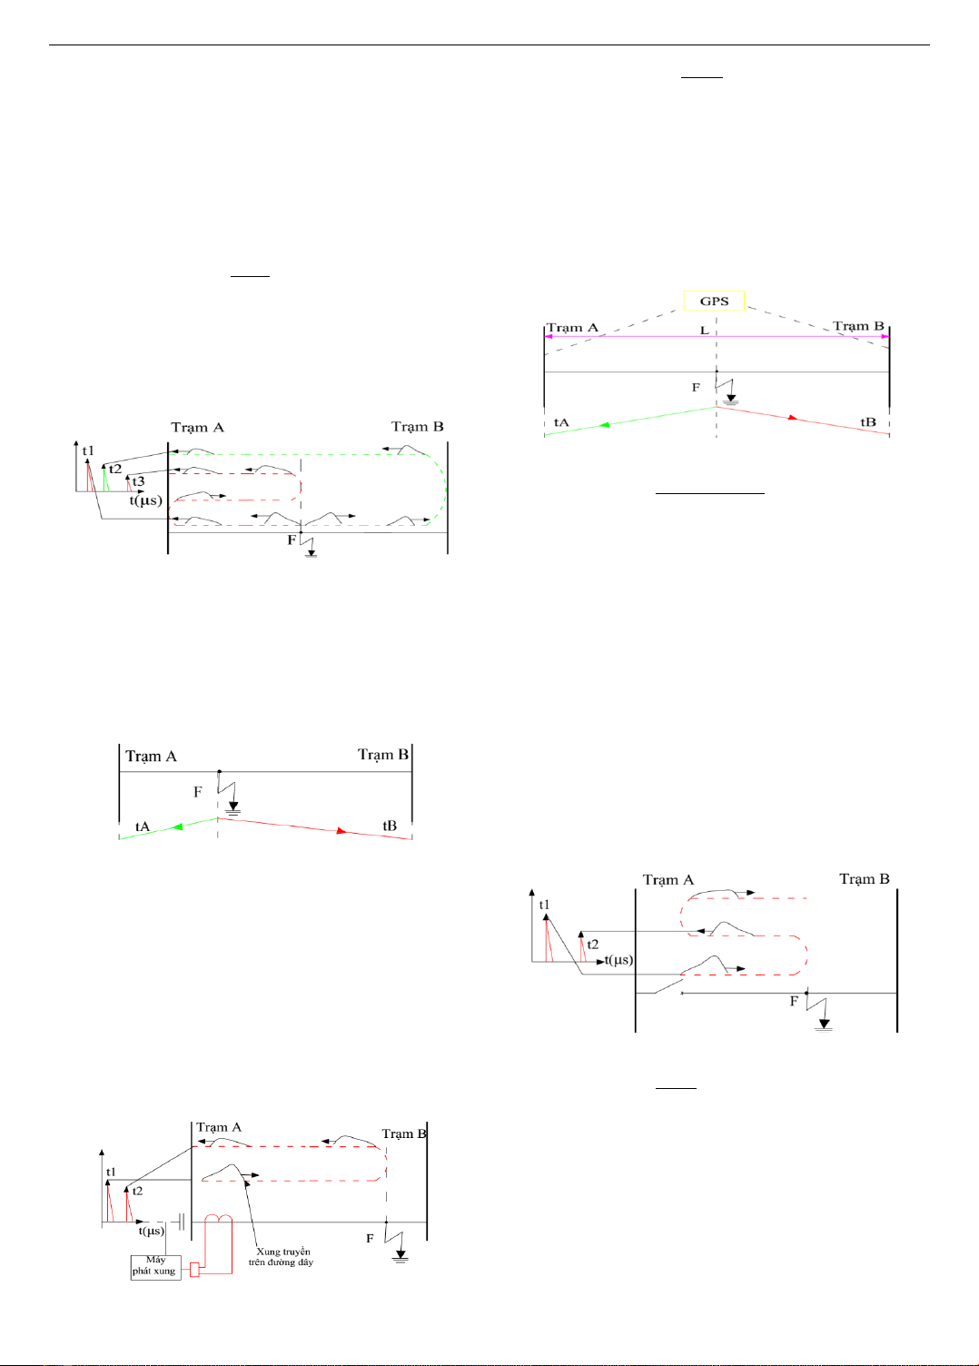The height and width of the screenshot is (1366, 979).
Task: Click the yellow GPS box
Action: pyautogui.click(x=714, y=301)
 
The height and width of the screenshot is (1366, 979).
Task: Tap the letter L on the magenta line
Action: pyautogui.click(x=704, y=330)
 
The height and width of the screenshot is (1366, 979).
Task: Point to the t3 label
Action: pyautogui.click(x=138, y=481)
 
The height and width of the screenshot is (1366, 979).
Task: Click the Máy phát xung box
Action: pyautogui.click(x=155, y=1266)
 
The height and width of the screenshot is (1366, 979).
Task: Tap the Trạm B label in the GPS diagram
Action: pyautogui.click(x=858, y=326)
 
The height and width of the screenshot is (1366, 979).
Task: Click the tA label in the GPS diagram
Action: pyautogui.click(x=561, y=422)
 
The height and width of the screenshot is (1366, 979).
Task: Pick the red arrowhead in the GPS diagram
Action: pyautogui.click(x=793, y=418)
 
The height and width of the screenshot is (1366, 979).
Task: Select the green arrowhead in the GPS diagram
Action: pyautogui.click(x=604, y=424)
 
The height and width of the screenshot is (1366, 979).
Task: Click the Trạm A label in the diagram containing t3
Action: pyautogui.click(x=197, y=427)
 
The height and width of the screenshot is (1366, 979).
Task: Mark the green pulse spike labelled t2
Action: pyautogui.click(x=105, y=478)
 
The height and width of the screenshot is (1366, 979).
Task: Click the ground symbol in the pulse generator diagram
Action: pyautogui.click(x=400, y=1256)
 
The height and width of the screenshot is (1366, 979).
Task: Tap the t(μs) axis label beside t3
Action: pyautogui.click(x=145, y=500)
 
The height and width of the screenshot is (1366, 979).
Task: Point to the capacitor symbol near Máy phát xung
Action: pyautogui.click(x=182, y=1222)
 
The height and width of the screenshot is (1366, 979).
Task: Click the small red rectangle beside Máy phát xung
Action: pyautogui.click(x=194, y=1270)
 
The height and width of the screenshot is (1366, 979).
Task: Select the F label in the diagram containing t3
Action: pyautogui.click(x=292, y=539)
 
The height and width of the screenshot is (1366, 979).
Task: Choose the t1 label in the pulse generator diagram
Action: pyautogui.click(x=111, y=1172)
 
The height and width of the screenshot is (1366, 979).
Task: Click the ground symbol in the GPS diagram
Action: pyautogui.click(x=730, y=399)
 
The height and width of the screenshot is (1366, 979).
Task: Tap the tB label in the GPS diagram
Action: pyautogui.click(x=868, y=422)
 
